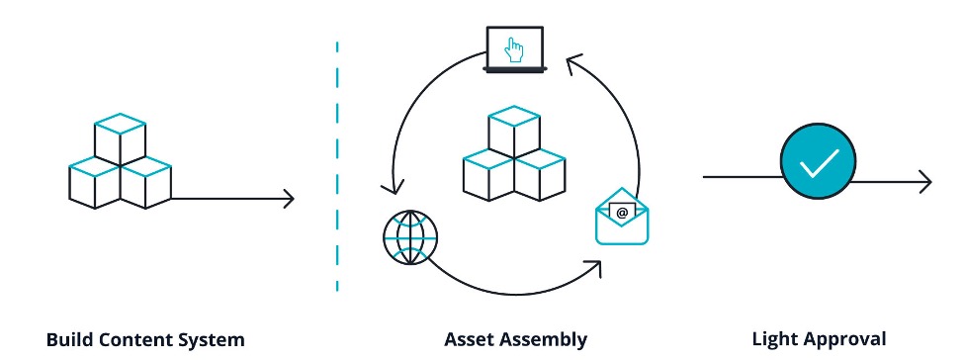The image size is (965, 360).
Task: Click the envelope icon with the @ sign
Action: [x=623, y=217]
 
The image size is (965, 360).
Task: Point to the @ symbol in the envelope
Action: [x=622, y=212]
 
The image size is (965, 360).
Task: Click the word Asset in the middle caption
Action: [x=472, y=340]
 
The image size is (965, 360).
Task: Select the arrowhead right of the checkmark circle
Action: [x=925, y=182]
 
